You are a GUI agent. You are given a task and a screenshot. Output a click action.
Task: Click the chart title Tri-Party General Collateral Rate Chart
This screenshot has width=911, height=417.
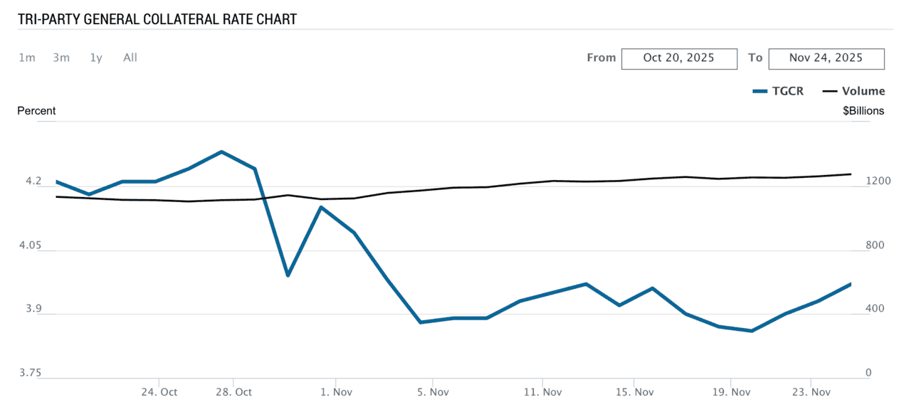coord(157,19)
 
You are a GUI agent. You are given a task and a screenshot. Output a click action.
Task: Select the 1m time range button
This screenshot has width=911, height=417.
coord(27,58)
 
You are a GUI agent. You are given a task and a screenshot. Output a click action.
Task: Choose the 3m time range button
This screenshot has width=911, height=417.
coord(61,58)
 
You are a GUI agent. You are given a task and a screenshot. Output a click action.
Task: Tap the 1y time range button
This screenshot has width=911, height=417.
coord(96,58)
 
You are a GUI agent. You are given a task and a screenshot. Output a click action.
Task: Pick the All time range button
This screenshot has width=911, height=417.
coord(130,58)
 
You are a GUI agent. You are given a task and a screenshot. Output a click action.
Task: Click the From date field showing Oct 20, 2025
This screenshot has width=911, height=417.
coord(679,58)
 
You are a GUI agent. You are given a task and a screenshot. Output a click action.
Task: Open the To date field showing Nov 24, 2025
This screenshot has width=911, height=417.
coord(826,58)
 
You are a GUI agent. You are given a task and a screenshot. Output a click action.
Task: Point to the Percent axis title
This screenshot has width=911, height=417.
coord(36,111)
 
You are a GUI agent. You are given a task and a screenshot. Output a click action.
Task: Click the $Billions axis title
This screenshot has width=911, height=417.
coord(863,111)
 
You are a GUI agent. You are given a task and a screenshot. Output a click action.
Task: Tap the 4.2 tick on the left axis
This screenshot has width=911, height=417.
coord(33,181)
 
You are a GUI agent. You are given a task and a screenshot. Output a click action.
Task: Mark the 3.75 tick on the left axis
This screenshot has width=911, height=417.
coord(30,373)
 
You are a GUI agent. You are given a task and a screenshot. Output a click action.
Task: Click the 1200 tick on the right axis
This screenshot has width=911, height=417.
coord(858,181)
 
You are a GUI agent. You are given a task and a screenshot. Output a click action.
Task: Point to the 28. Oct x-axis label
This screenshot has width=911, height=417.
coord(234,392)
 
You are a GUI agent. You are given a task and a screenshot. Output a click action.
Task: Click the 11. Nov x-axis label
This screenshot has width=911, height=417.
coord(542,392)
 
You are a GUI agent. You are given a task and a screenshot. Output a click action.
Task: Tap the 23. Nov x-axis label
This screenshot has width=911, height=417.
coord(812,392)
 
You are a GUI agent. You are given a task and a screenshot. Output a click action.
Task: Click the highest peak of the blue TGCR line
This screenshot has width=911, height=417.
coord(222,152)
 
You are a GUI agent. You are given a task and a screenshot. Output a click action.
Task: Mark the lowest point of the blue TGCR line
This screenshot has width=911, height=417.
coord(752,331)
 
